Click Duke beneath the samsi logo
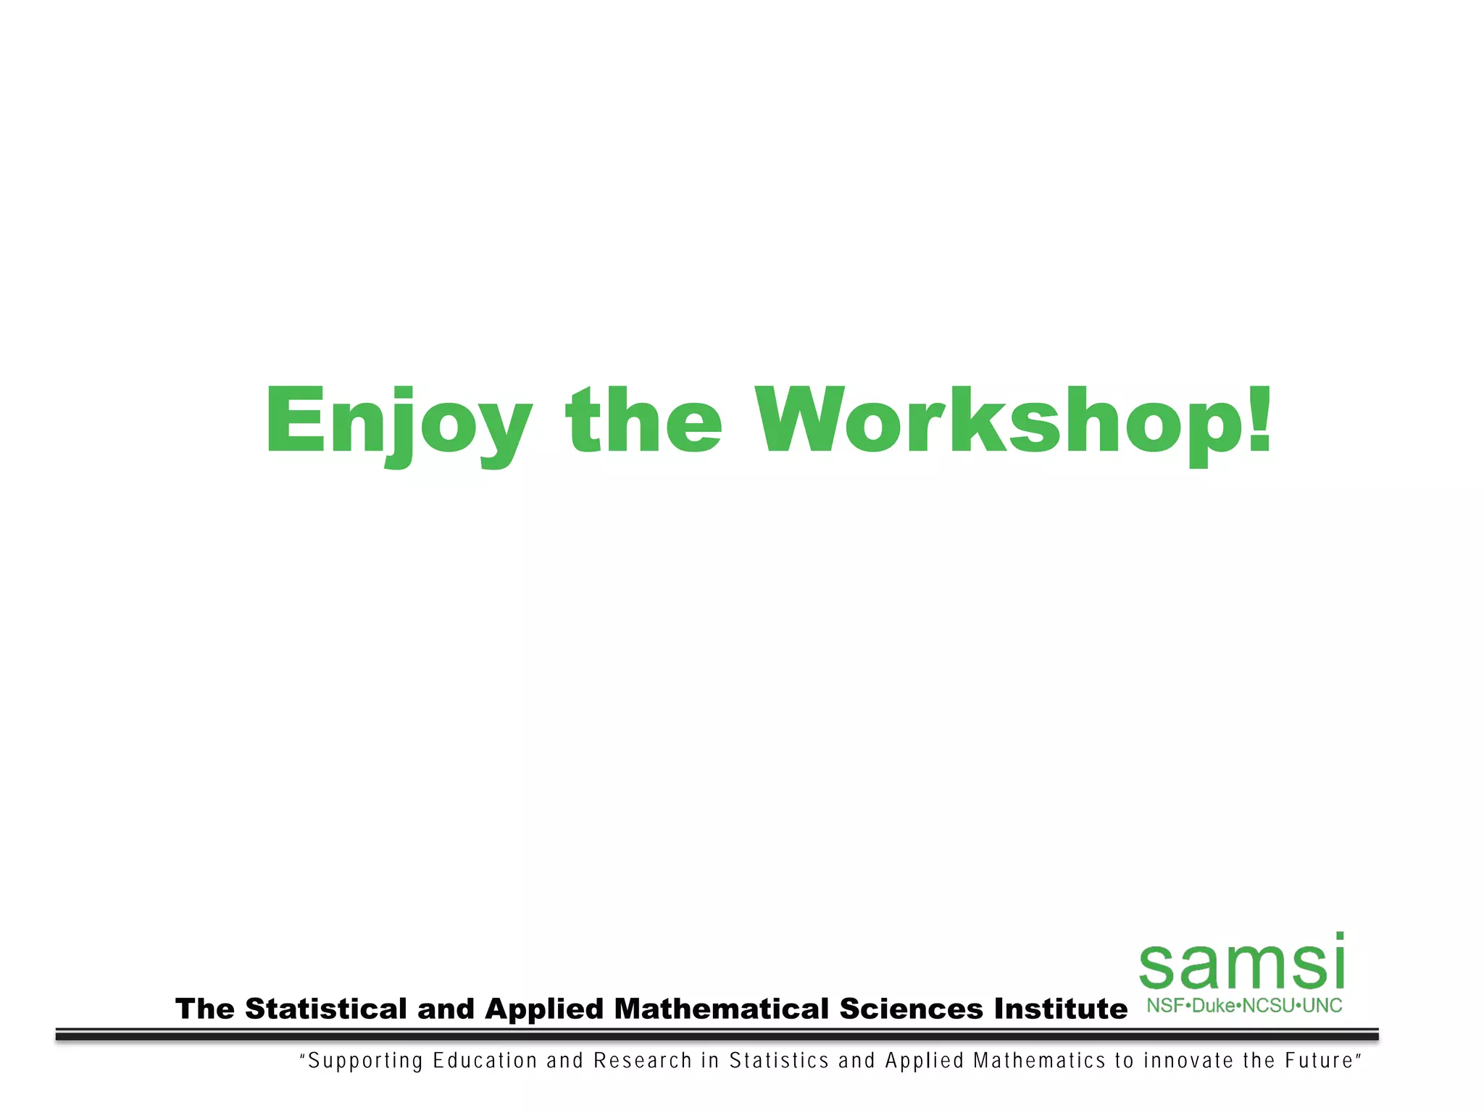coord(1213,1006)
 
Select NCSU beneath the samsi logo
coord(1267,1006)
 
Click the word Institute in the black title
coord(1060,1009)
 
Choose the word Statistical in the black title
coord(326,1009)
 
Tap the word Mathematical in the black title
coord(722,1009)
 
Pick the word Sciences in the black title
coord(911,1009)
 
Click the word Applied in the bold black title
coord(543,1009)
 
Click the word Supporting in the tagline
coord(365,1062)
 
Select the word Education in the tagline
coord(485,1061)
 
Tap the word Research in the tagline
coord(643,1061)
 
